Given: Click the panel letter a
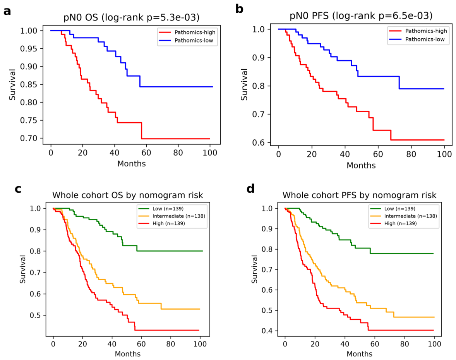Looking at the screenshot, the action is click(7, 11).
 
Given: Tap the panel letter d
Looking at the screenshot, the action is click(250, 189).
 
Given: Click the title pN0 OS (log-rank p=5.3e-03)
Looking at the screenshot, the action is click(132, 17).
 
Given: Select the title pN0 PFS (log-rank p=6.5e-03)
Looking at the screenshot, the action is click(361, 16).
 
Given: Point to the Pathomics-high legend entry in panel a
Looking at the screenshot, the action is click(187, 32).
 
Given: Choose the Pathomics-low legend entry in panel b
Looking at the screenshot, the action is click(417, 39).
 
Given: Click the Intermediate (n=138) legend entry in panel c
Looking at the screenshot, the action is click(171, 216).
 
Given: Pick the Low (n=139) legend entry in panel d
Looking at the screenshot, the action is click(393, 209).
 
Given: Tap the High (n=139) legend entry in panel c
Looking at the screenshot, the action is click(161, 223).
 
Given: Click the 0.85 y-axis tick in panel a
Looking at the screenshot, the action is click(29, 85).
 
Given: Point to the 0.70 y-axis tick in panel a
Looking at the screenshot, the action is click(29, 139).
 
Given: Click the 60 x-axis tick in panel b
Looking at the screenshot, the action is click(378, 154).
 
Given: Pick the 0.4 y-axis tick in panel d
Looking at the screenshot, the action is click(267, 331).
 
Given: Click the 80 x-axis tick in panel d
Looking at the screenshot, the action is click(405, 344).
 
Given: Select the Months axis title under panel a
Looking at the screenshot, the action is click(132, 164).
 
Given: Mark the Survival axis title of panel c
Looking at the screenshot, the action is click(23, 269).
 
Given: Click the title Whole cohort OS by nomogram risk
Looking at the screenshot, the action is click(128, 195).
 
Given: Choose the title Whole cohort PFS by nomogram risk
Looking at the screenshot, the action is click(360, 195).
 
